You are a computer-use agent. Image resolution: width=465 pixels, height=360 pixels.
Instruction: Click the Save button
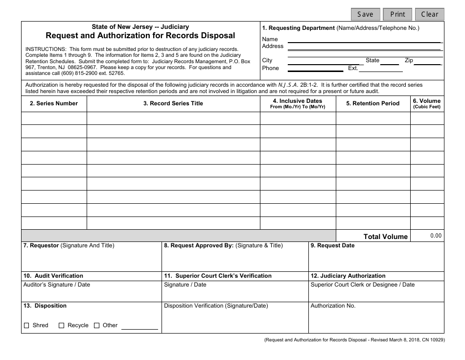click(365, 14)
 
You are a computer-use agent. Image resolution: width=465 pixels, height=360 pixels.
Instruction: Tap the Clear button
click(429, 14)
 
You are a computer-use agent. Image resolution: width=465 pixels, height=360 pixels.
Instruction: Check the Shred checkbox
click(27, 326)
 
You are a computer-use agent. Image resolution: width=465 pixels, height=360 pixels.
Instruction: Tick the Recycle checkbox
click(62, 326)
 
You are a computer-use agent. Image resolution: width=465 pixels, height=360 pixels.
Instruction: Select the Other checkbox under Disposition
click(97, 326)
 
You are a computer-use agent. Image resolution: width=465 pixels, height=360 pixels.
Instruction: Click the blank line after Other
click(139, 326)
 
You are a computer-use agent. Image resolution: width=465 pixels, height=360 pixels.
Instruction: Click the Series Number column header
click(54, 103)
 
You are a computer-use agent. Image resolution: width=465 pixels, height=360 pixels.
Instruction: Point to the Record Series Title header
click(173, 103)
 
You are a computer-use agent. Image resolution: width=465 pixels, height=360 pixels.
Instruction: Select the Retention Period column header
click(372, 103)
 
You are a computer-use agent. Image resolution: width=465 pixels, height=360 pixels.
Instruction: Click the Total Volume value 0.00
click(436, 236)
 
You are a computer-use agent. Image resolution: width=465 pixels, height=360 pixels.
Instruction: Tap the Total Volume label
click(385, 237)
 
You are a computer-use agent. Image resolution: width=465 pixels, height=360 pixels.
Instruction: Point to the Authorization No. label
click(333, 306)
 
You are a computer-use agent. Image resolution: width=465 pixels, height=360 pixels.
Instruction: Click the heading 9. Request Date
click(332, 245)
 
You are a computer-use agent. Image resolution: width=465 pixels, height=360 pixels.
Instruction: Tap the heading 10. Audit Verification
click(53, 276)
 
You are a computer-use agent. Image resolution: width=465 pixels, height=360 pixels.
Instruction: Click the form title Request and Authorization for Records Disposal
click(140, 35)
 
